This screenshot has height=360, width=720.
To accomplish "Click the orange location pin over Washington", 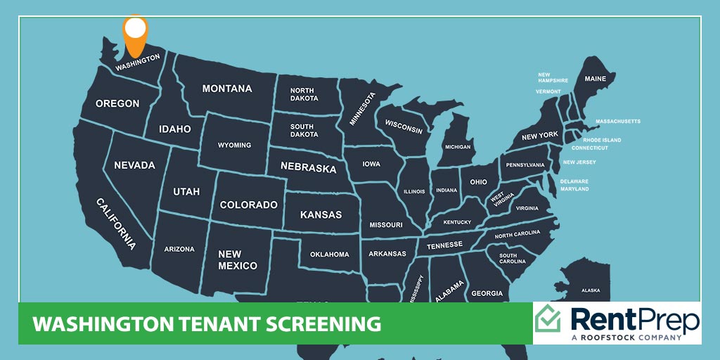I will point(136,33).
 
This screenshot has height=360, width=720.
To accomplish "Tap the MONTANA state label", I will point(227,89).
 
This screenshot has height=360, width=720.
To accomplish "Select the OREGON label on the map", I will point(117,103).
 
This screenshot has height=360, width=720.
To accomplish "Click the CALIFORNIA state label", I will point(117,223).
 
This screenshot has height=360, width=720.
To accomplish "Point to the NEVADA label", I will point(134,165).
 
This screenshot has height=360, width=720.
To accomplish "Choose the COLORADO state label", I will point(249,205).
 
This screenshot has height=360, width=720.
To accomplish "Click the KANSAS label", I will point(321,214).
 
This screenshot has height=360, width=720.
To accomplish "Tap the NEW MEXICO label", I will point(238,260).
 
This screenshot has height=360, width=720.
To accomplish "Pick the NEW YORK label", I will point(539,135).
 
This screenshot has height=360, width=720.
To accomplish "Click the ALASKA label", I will point(591,290).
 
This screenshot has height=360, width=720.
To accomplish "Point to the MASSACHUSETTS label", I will point(618,121).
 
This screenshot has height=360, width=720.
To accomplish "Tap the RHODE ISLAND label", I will point(602,140).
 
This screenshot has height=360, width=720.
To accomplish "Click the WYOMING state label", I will point(234,145).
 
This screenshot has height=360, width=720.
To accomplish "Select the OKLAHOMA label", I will point(329,254).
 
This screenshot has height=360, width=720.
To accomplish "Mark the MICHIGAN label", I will point(457,147).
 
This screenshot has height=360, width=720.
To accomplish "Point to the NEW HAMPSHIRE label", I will point(553,77).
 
